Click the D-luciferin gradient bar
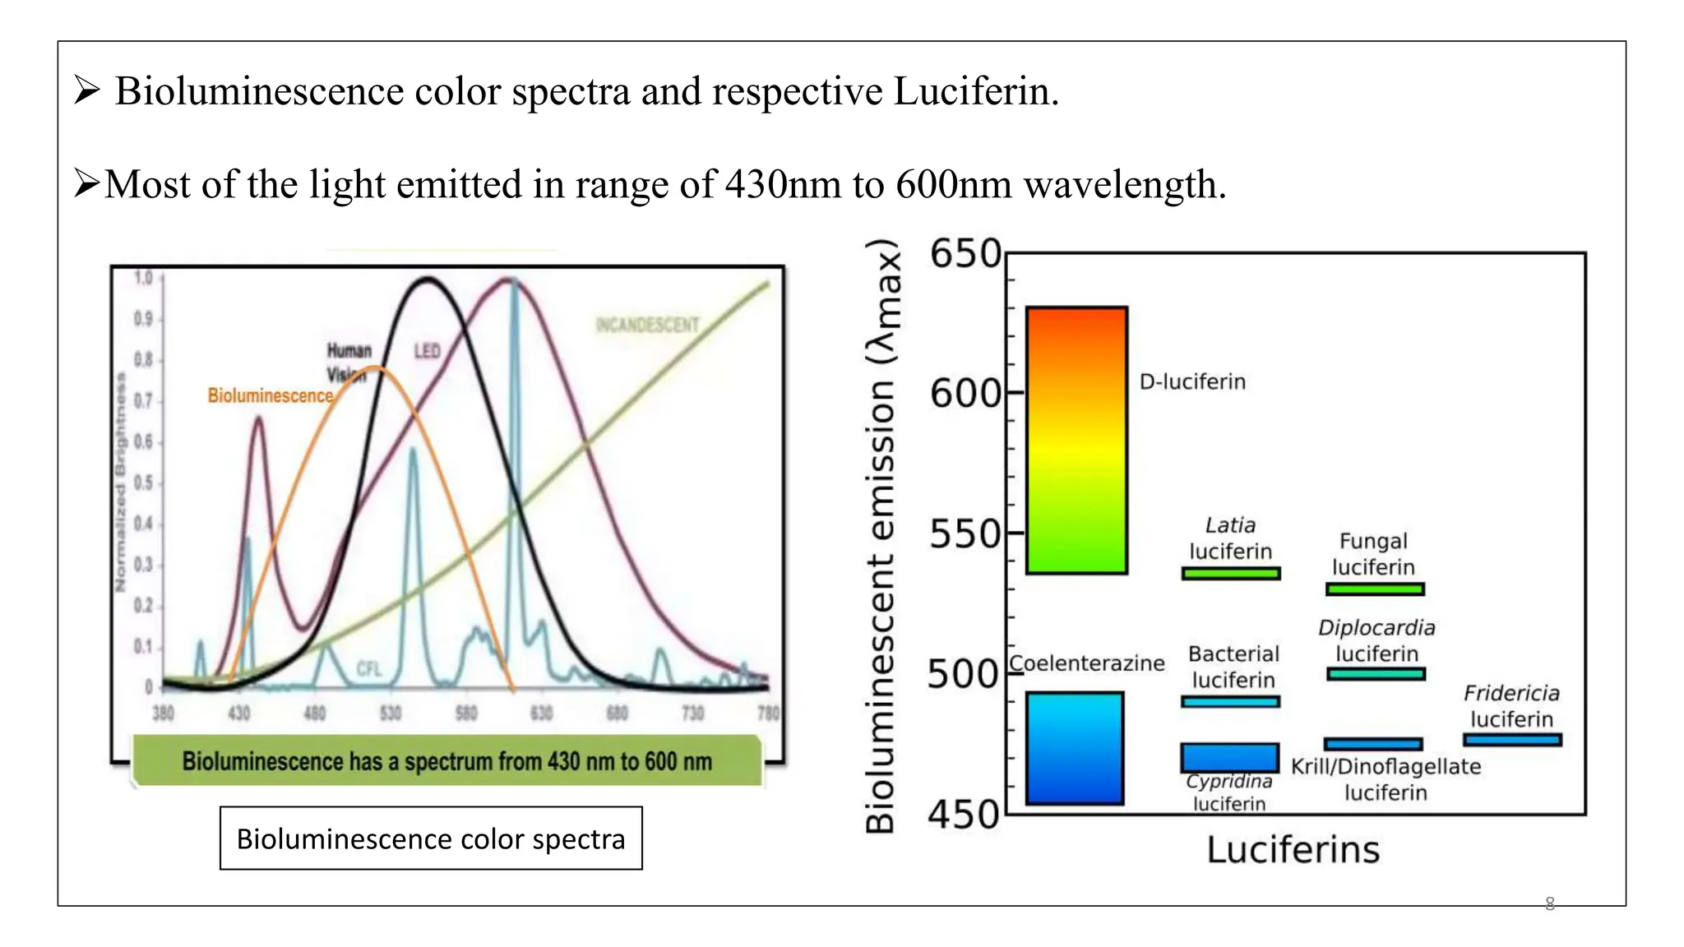pos(1076,440)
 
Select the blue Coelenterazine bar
pos(1075,748)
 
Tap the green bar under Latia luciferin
pos(1231,573)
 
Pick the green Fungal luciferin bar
pos(1375,589)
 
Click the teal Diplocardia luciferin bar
pos(1376,673)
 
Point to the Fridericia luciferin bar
pos(1511,740)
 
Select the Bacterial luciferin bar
pos(1230,701)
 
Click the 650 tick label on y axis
pos(965,254)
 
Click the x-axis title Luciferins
pos(1293,850)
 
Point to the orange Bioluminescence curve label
pos(271,395)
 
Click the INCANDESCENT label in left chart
pos(647,326)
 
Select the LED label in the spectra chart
pos(427,351)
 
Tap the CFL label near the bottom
pos(369,669)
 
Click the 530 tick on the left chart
pos(390,713)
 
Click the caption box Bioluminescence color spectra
pos(431,838)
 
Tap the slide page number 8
pos(1550,903)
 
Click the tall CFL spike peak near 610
pos(514,284)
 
